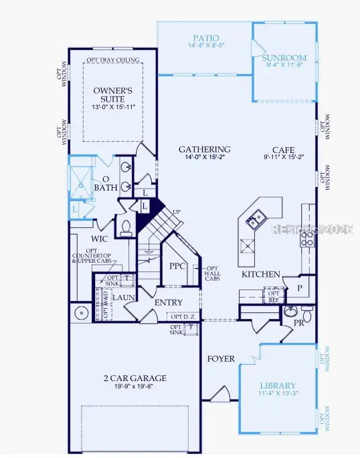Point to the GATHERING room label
click(x=205, y=149)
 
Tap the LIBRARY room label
click(x=278, y=386)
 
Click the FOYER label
click(x=221, y=359)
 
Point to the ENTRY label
click(x=169, y=303)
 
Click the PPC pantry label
click(x=178, y=265)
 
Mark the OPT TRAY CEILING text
click(x=114, y=60)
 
